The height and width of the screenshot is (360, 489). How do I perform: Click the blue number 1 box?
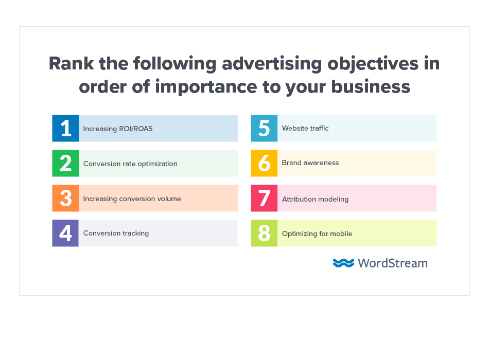click(65, 128)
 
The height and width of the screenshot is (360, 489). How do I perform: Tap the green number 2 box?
click(65, 163)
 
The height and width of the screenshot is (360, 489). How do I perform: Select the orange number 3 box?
click(65, 198)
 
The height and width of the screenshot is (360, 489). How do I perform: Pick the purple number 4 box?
click(65, 233)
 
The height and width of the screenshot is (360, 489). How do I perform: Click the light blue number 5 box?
click(264, 128)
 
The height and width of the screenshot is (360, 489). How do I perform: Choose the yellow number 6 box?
click(264, 163)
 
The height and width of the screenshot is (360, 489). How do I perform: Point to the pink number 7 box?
click(264, 198)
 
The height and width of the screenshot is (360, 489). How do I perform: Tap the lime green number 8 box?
click(264, 233)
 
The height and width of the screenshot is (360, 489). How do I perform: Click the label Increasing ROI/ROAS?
click(118, 129)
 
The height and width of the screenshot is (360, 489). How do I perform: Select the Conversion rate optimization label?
click(130, 164)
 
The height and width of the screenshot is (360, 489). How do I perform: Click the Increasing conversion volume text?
click(132, 199)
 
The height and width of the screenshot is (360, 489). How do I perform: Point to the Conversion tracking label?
click(116, 233)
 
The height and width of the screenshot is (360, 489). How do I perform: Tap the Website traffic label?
click(305, 128)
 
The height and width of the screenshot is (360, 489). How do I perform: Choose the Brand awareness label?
click(310, 163)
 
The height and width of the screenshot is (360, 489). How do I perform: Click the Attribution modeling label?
click(315, 199)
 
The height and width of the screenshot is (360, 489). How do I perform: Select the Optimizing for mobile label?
click(317, 233)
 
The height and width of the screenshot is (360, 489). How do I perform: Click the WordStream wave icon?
click(343, 263)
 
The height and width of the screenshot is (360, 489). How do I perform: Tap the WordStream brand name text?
click(393, 263)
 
